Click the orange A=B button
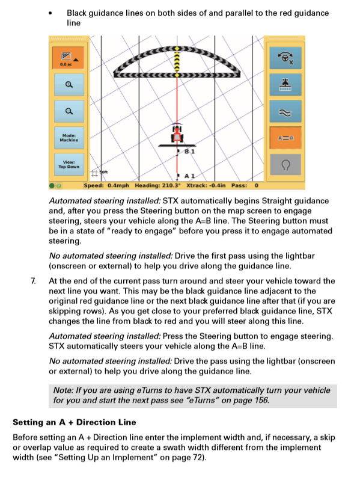[285, 138]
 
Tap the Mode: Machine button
[69, 138]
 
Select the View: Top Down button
[69, 164]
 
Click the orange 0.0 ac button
[68, 58]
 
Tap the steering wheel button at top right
[285, 58]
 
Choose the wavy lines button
[285, 111]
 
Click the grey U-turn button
[285, 164]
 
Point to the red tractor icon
[177, 134]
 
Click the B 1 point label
[189, 152]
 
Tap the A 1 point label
[189, 176]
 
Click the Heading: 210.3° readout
[157, 186]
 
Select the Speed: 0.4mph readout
[106, 186]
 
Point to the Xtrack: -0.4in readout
[206, 186]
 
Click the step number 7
[33, 281]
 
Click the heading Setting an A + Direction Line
[75, 422]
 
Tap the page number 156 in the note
[261, 400]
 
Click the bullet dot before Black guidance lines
[50, 13]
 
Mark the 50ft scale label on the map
[104, 172]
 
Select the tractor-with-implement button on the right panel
[285, 85]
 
